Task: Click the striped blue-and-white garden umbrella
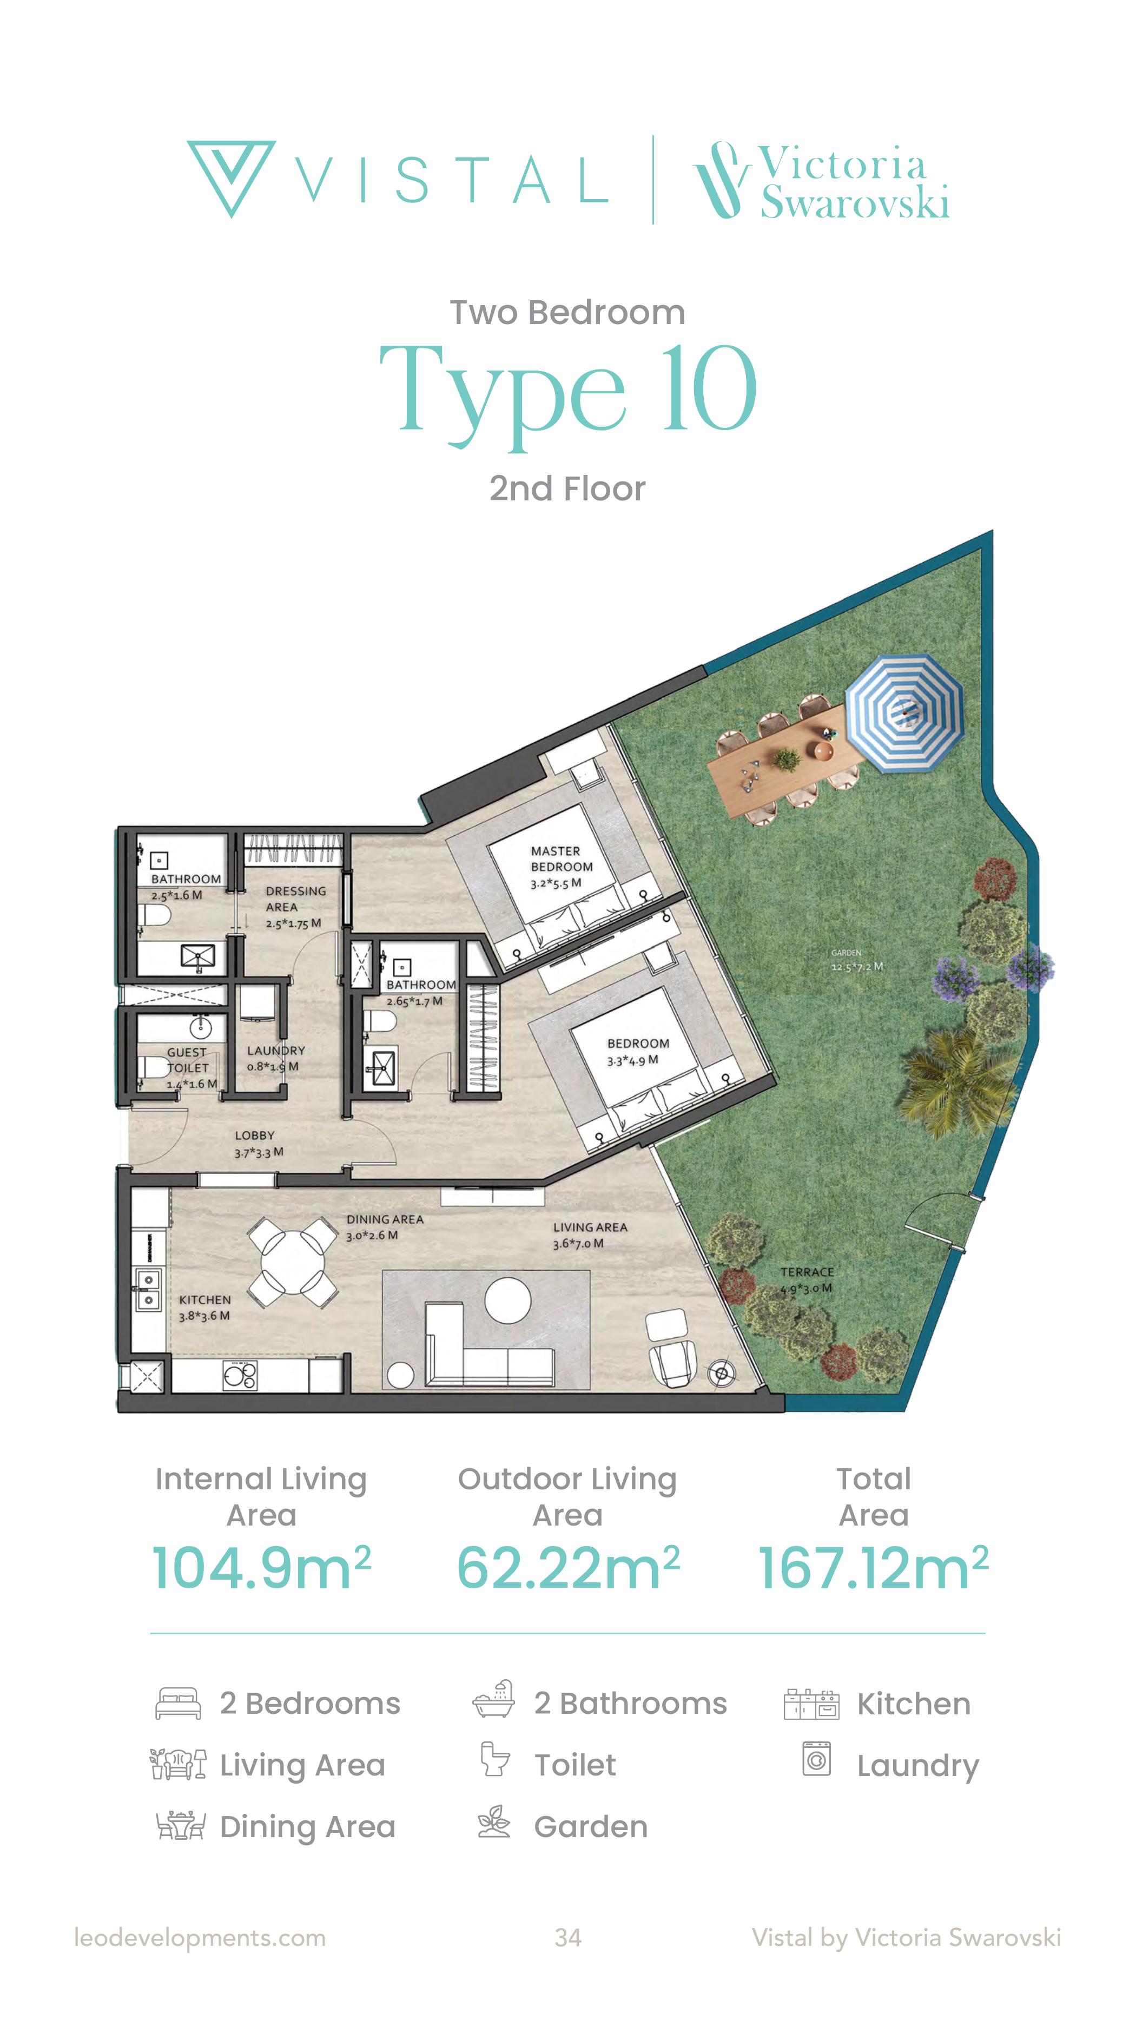click(x=904, y=714)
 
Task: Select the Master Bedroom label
click(x=562, y=859)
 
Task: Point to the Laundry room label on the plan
click(x=275, y=1050)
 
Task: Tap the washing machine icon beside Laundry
click(x=816, y=1758)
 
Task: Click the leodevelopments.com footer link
click(x=200, y=1938)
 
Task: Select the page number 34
click(x=567, y=1938)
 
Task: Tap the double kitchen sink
click(x=147, y=1290)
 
